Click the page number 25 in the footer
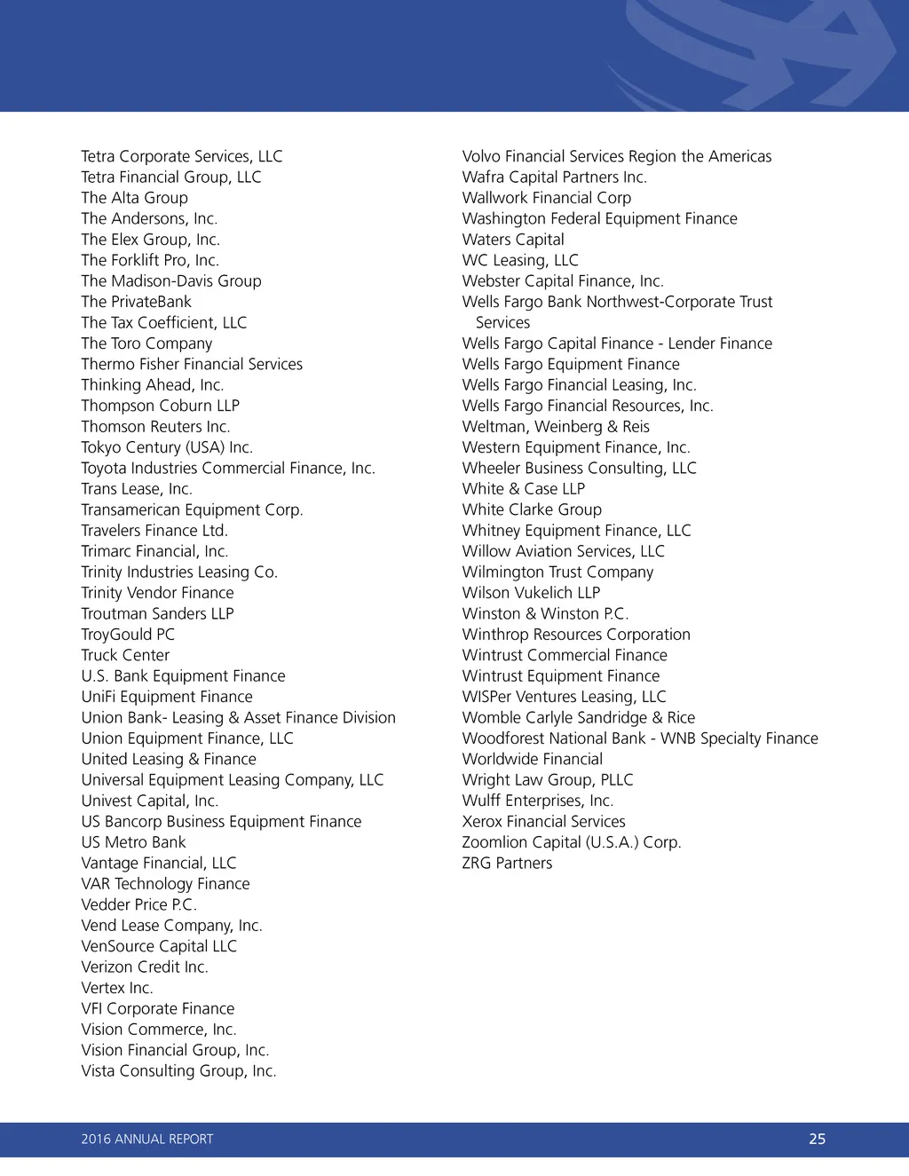817,1139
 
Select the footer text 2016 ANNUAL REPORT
147,1139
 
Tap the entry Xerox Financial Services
543,822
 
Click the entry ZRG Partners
507,864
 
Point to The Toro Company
146,343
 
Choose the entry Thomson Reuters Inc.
155,427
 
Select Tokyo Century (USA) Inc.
167,447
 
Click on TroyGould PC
128,635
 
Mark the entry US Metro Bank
133,842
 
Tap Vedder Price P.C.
138,904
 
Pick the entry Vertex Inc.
117,988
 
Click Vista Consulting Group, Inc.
178,1071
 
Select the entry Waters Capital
513,240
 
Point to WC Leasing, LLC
520,260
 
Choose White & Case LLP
523,489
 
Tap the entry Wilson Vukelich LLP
531,593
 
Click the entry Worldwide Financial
532,759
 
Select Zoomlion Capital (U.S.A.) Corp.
571,842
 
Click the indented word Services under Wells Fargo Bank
502,323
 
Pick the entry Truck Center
125,655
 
